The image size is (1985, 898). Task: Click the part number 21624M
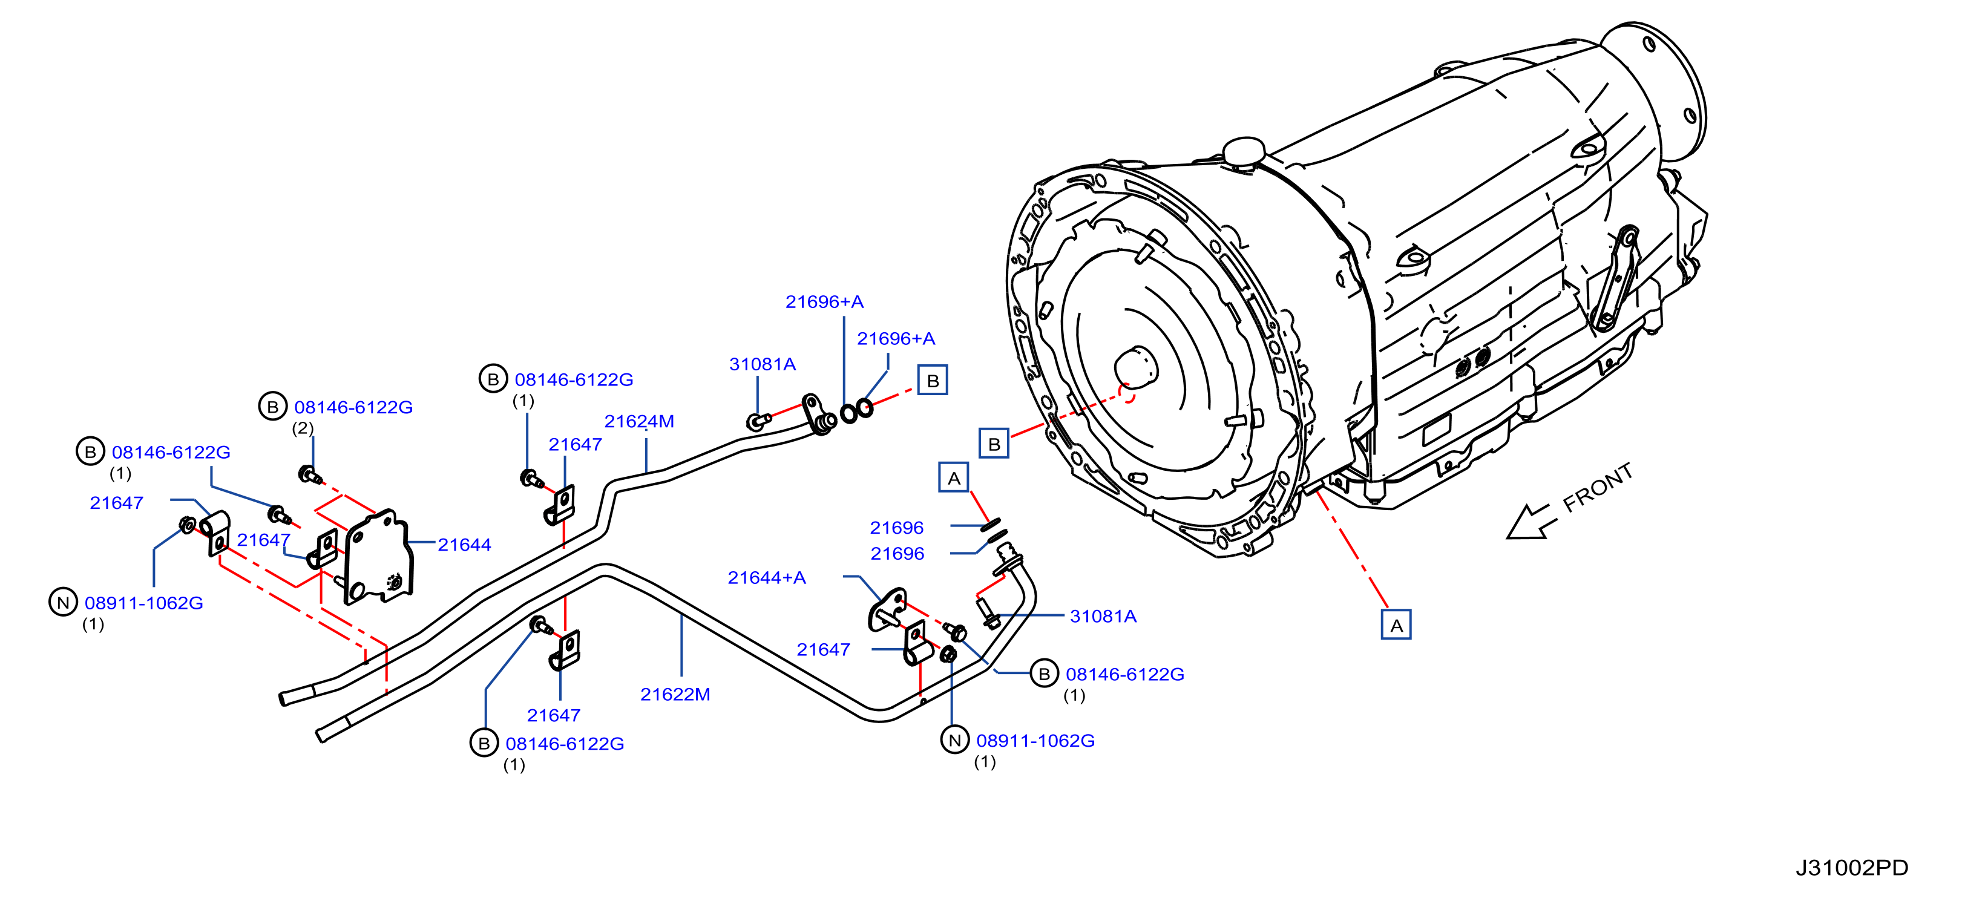point(639,421)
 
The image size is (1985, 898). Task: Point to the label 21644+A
point(767,577)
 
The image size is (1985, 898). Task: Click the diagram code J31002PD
point(1852,867)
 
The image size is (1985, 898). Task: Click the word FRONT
point(1598,487)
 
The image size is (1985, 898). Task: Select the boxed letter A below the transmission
point(1396,625)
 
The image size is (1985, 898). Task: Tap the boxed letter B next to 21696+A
point(933,380)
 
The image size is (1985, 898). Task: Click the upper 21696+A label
point(824,301)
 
